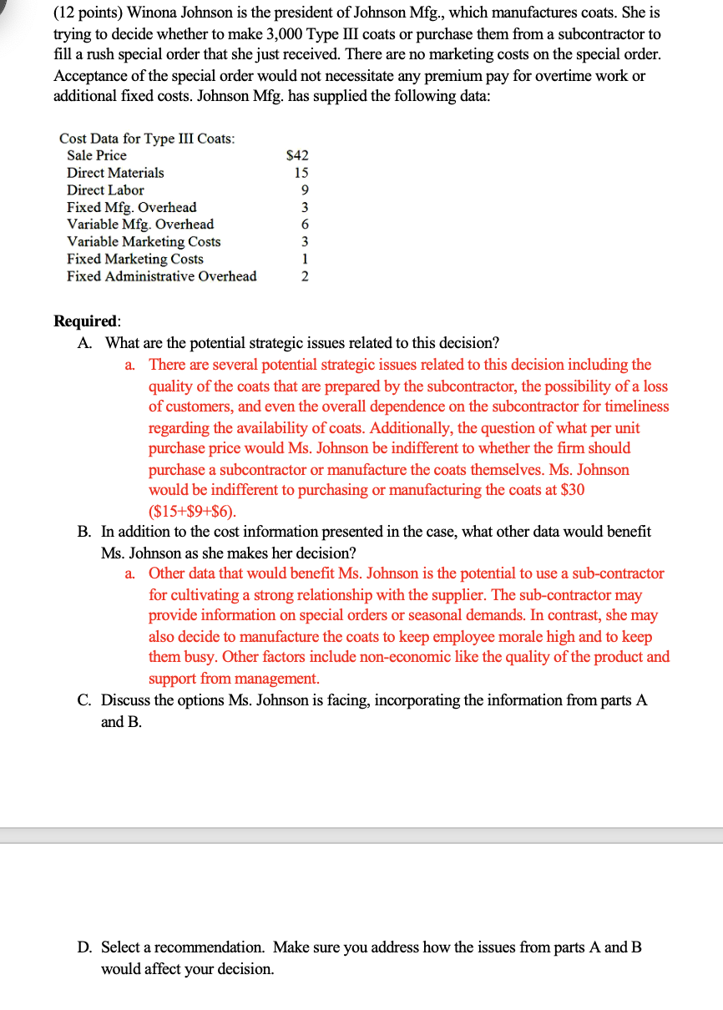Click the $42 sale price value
tap(297, 155)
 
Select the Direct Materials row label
tap(115, 173)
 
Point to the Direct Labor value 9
tap(305, 190)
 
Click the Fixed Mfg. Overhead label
tap(132, 207)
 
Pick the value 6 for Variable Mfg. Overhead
tap(305, 225)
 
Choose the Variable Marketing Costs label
tap(144, 241)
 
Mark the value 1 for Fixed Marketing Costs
tap(305, 259)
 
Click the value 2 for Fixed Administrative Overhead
tap(305, 276)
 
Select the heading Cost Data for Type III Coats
tap(147, 138)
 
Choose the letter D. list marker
tap(84, 947)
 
